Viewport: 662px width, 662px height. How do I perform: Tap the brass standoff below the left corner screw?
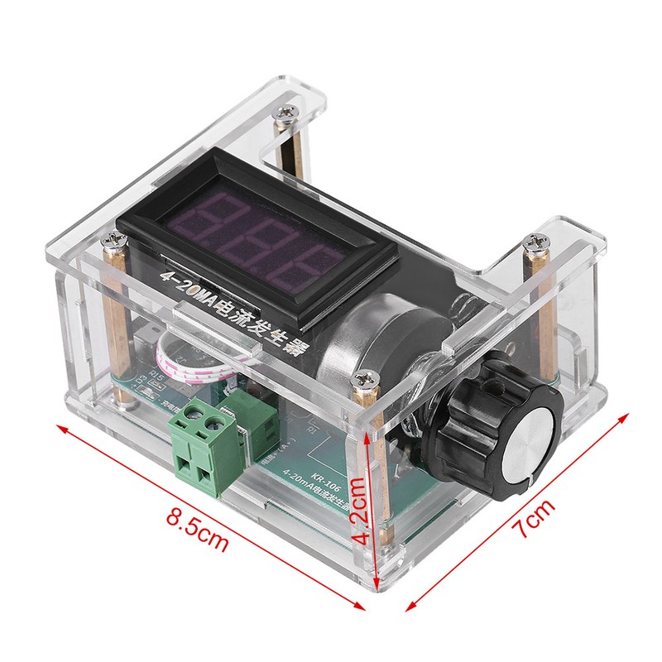(113, 314)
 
